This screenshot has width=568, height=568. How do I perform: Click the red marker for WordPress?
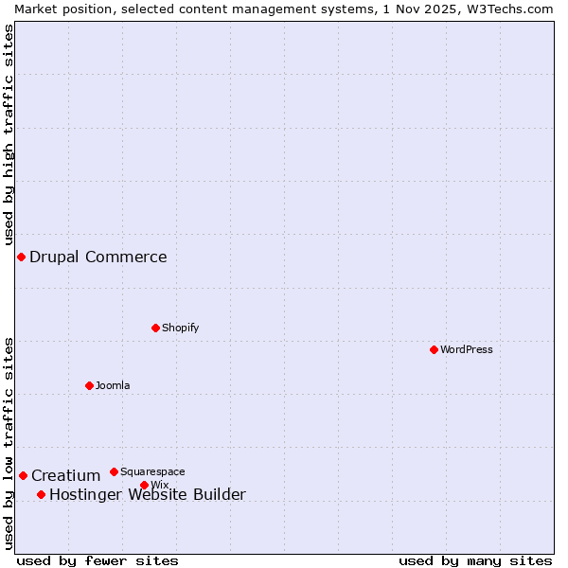tap(434, 349)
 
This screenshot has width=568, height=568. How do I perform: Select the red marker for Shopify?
tap(155, 328)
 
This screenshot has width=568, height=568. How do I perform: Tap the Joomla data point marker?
tap(89, 385)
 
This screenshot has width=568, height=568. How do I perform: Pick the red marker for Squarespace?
tap(114, 471)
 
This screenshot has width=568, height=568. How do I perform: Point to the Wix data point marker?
tap(144, 485)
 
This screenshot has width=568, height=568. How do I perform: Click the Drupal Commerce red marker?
tap(21, 257)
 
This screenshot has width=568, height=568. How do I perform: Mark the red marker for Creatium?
tap(23, 475)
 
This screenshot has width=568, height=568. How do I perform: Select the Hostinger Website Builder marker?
tap(41, 494)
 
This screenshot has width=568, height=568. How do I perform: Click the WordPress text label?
tap(467, 349)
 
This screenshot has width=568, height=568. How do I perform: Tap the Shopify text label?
tap(180, 328)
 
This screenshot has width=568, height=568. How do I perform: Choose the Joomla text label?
tap(113, 385)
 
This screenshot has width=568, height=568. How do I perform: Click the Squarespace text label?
tap(152, 471)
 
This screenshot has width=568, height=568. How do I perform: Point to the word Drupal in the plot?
tap(54, 257)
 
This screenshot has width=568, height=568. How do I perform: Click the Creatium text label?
tap(65, 475)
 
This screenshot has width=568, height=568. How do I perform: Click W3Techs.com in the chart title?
tap(508, 9)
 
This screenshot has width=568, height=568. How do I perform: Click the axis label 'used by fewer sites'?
tap(98, 560)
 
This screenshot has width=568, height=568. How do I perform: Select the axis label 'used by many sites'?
tap(475, 560)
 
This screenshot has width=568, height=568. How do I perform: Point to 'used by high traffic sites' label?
tap(9, 134)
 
